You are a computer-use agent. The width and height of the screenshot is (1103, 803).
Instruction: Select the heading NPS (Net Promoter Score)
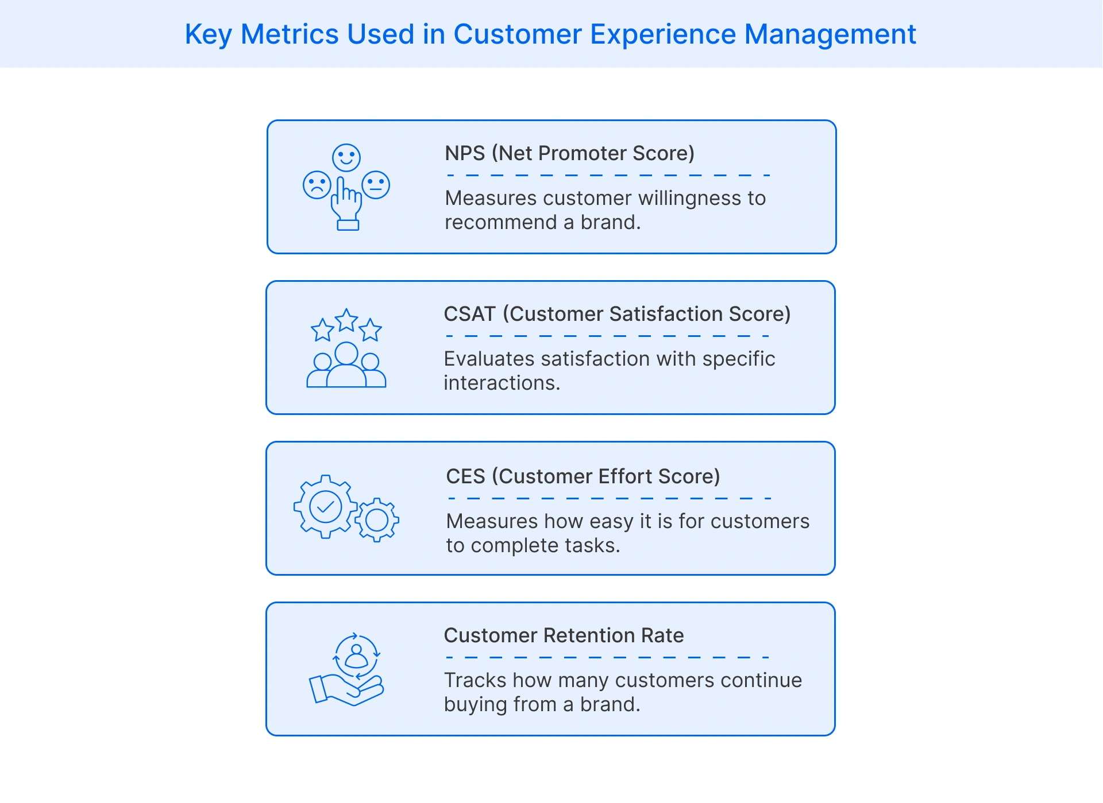569,153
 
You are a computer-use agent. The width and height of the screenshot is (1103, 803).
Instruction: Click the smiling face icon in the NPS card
346,157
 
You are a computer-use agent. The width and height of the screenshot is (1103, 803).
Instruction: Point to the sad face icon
317,185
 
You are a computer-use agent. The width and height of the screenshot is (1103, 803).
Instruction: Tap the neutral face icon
376,185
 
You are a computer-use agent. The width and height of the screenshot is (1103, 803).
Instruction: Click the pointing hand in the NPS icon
346,204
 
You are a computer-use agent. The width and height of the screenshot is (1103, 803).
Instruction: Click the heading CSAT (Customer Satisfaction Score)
617,314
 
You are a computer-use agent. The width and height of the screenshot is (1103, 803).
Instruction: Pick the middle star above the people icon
347,320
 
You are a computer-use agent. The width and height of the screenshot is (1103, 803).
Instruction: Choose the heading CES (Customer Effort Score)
583,476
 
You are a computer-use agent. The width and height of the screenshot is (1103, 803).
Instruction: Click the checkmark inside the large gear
326,507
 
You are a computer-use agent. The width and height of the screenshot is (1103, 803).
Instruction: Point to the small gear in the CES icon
377,520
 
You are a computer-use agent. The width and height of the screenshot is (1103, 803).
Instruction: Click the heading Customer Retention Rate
564,635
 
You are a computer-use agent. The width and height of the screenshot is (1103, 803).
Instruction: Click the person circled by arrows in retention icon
357,656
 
